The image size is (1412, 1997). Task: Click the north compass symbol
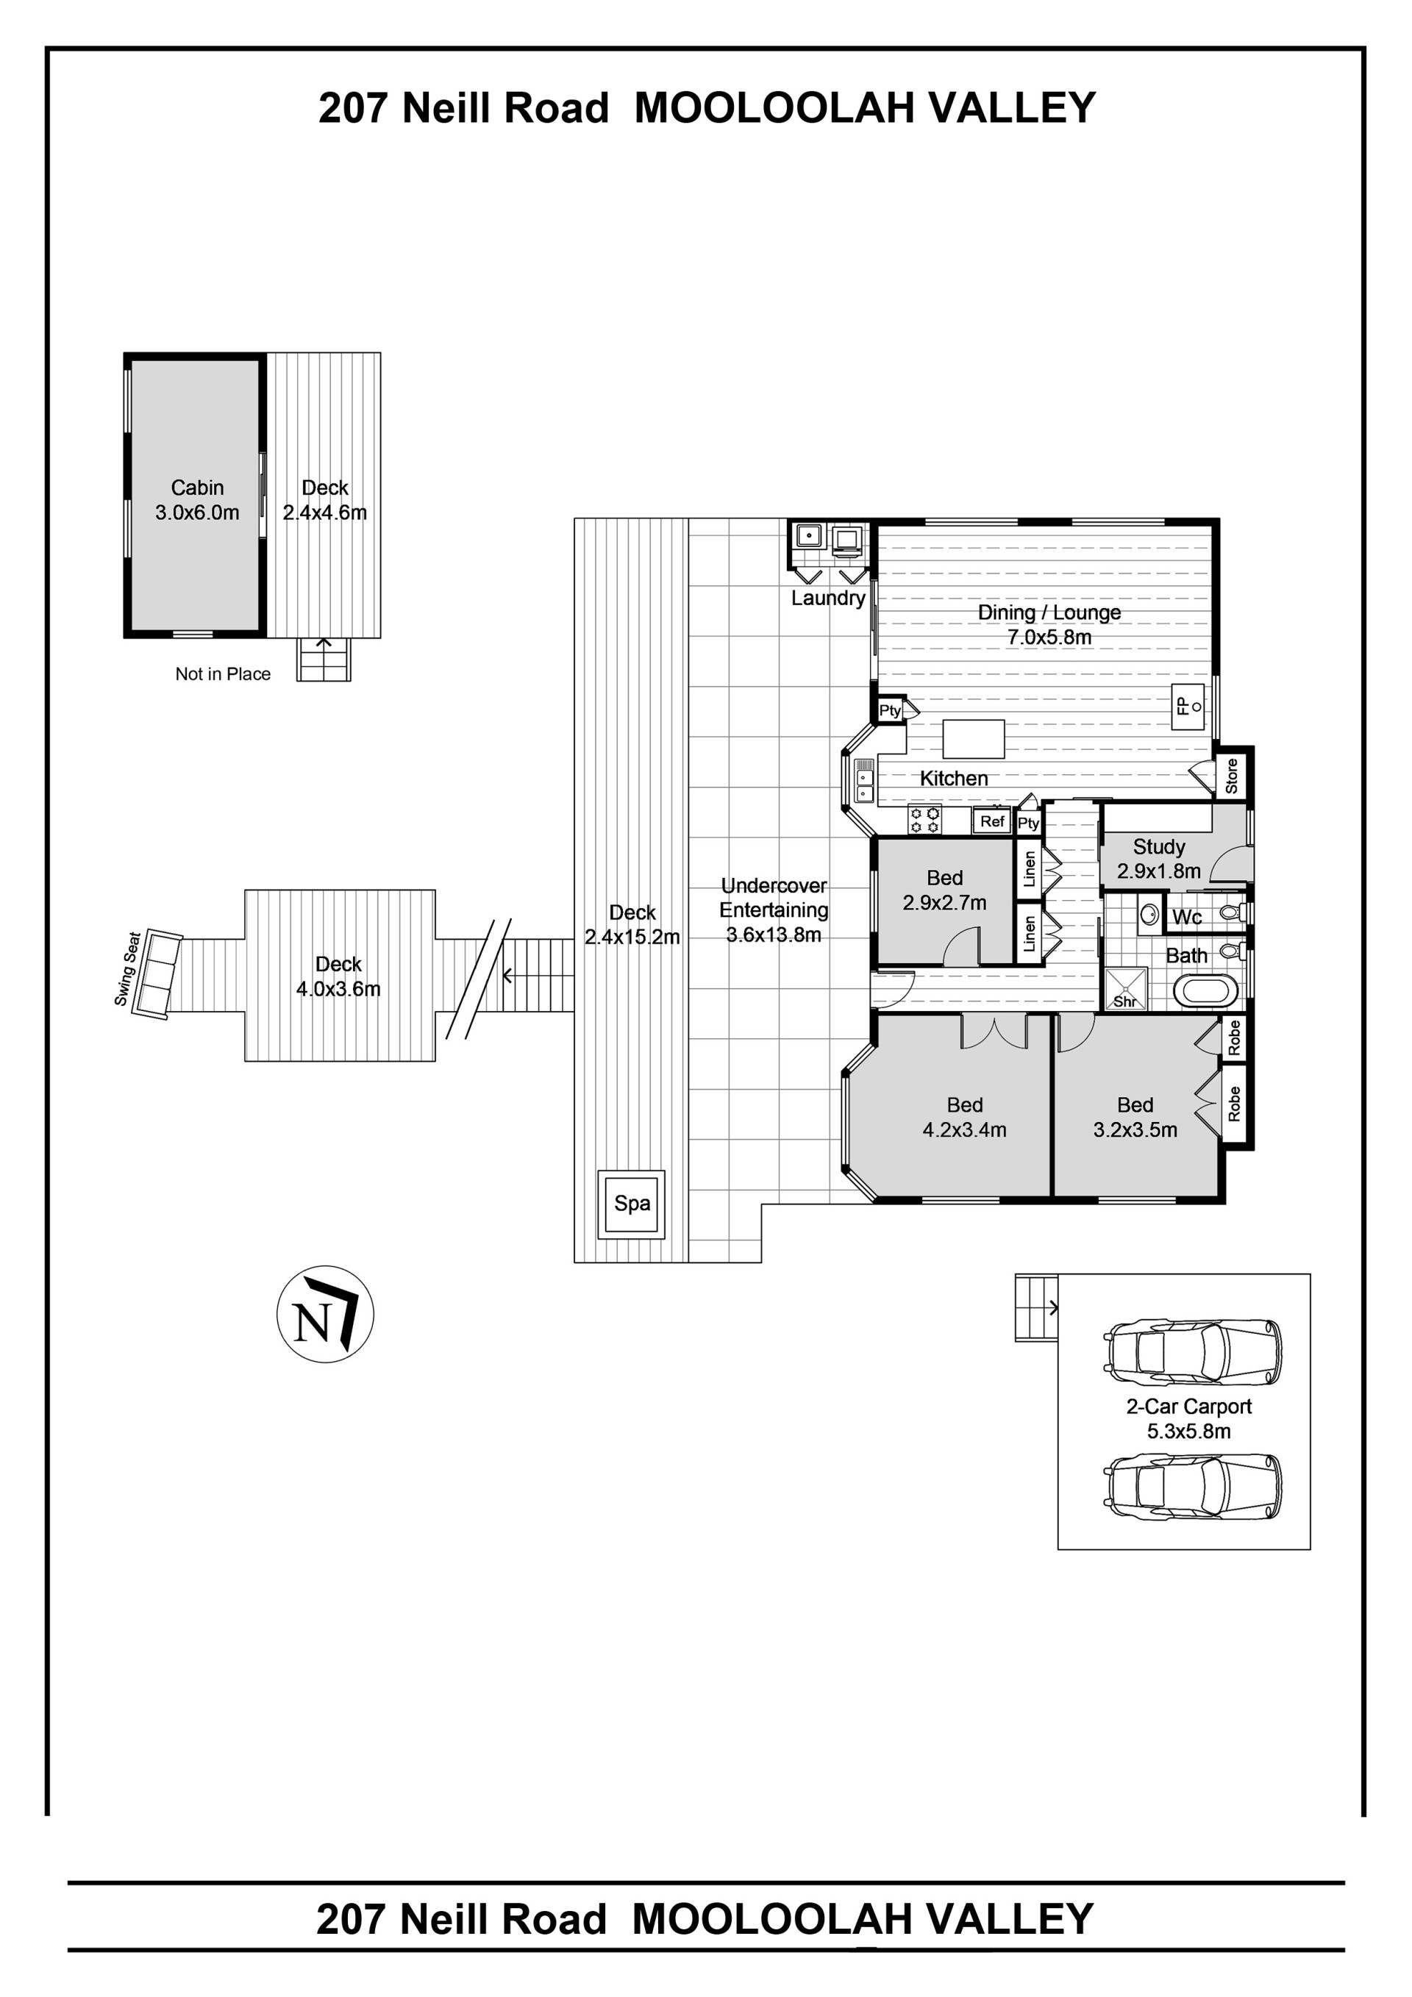324,1313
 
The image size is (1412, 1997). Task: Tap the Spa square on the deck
632,1204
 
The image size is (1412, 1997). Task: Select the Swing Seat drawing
157,974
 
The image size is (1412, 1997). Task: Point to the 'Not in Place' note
223,674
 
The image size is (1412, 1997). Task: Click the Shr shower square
1125,989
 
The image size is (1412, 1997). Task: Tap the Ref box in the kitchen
992,821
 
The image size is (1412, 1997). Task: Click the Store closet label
1231,776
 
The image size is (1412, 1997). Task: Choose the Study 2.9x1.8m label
1159,859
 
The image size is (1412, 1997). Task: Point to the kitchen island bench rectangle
974,739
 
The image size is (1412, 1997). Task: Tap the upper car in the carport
1193,1352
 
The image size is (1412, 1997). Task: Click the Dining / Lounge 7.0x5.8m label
1049,624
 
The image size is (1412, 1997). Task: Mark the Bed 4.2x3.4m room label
965,1117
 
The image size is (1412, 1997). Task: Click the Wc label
1187,917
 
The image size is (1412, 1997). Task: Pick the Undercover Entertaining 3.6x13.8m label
774,910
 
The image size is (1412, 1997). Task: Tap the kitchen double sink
864,780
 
